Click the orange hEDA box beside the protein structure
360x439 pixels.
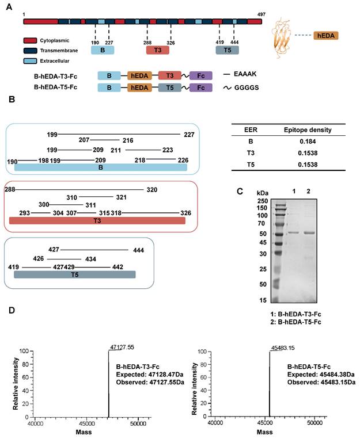pos(326,36)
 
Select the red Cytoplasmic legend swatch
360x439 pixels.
pos(31,41)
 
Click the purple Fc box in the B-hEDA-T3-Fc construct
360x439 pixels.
pos(200,75)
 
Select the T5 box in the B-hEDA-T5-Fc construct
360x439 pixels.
pos(170,87)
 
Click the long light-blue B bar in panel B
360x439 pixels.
pos(101,167)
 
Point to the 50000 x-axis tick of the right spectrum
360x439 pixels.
pos(314,423)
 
